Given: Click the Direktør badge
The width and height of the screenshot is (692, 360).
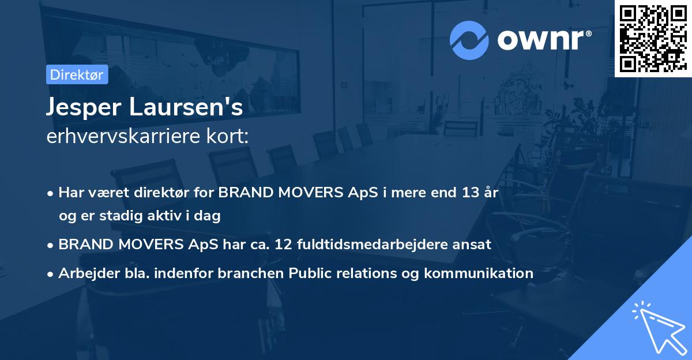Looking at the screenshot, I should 77,75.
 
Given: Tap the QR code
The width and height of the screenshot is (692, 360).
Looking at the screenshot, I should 653,39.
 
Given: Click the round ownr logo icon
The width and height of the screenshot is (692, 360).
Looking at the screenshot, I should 469,40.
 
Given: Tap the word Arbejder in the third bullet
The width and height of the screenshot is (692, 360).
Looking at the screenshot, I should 84,273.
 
